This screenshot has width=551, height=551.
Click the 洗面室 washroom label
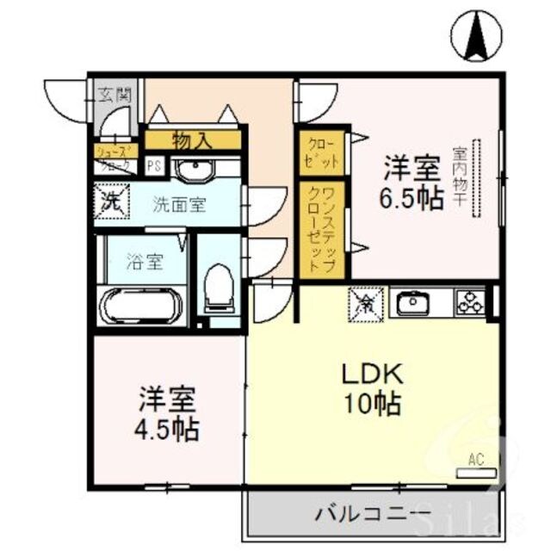[x=180, y=205]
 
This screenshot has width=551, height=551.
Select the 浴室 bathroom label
[x=145, y=262]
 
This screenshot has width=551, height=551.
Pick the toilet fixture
[x=219, y=288]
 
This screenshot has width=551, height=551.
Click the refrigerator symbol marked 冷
[x=363, y=302]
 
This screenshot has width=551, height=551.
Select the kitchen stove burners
[x=471, y=303]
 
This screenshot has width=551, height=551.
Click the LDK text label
[x=374, y=376]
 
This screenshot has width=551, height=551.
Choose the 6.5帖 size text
[x=414, y=198]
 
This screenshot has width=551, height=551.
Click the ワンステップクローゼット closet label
[x=322, y=229]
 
